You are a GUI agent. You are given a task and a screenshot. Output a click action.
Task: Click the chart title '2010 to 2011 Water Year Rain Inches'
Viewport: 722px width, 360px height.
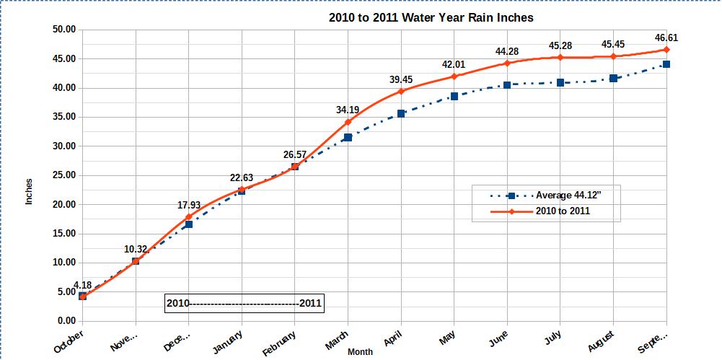[431, 17]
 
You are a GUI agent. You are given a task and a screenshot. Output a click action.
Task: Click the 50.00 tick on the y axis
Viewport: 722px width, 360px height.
[64, 30]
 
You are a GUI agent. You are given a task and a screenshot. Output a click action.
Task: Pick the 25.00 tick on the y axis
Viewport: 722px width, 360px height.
[64, 175]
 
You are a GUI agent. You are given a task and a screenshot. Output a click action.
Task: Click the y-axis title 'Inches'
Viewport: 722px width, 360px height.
[30, 191]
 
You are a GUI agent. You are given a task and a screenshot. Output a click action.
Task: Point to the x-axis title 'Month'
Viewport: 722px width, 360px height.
[360, 352]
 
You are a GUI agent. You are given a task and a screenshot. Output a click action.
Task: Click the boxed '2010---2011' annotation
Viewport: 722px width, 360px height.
[244, 304]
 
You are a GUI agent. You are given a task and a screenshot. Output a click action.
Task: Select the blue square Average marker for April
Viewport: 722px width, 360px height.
[401, 113]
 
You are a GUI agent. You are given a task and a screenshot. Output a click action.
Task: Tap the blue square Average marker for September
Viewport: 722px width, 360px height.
[666, 64]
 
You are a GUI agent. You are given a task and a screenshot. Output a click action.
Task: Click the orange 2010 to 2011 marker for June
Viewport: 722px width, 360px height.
[507, 63]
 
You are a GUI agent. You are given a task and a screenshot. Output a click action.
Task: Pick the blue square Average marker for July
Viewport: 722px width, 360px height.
[560, 82]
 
